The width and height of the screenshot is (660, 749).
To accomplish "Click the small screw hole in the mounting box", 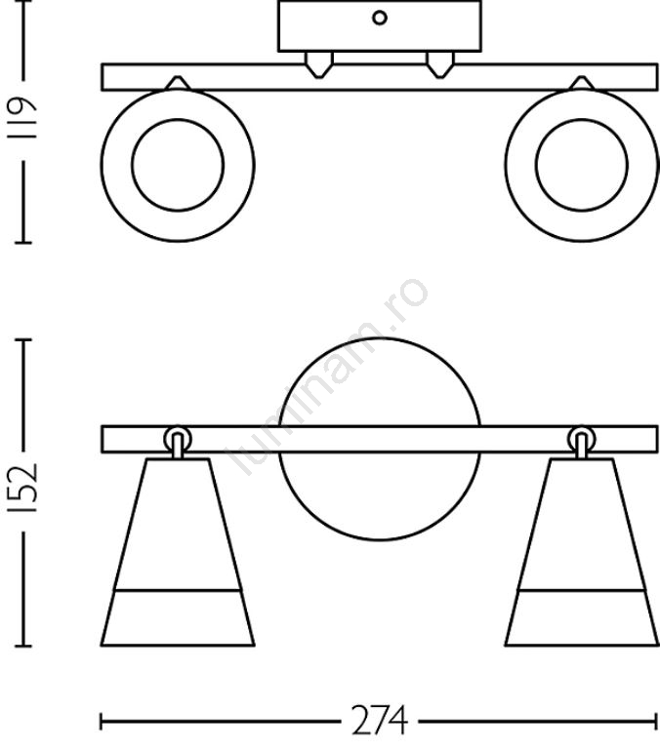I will [x=381, y=17].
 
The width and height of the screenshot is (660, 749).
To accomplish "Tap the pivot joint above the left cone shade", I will [x=177, y=438].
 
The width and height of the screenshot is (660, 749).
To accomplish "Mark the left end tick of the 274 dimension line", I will [x=102, y=723].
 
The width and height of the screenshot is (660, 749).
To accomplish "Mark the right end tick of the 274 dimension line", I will [x=657, y=723].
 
